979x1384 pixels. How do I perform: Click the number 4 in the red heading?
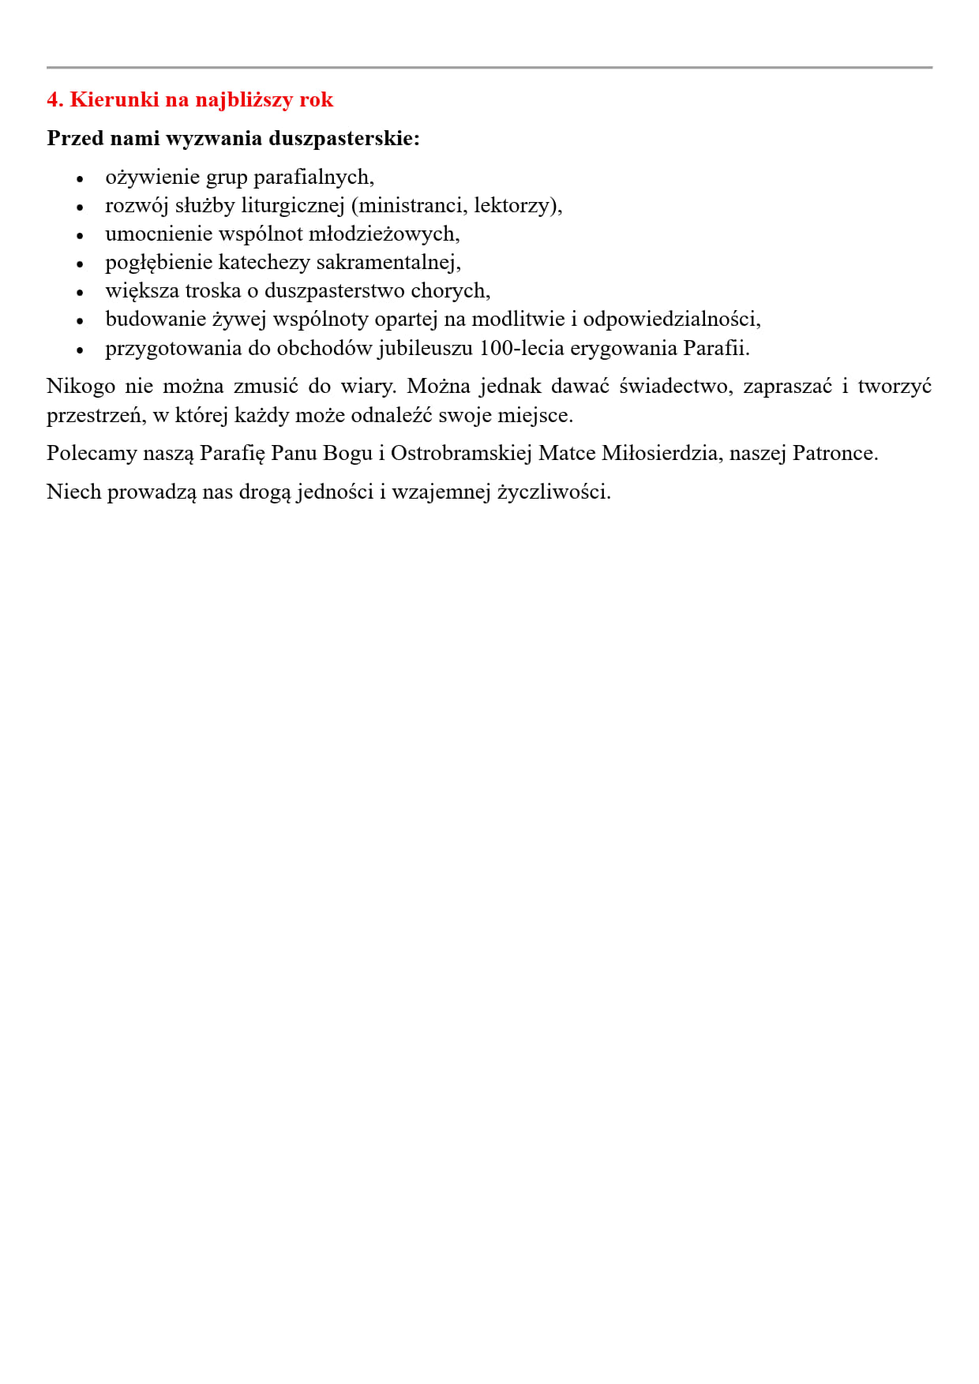coord(52,99)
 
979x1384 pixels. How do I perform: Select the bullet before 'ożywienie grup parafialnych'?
coord(80,179)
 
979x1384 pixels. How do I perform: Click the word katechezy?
coord(264,262)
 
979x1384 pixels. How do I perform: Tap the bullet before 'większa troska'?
coord(80,293)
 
